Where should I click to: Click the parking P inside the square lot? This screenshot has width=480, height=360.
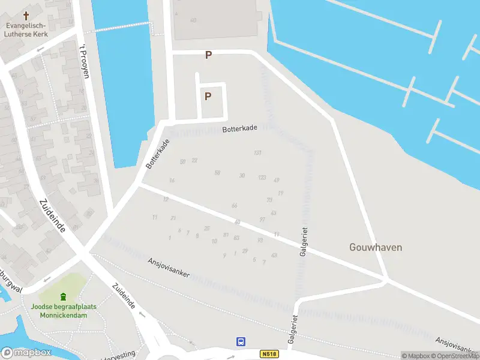click(x=208, y=97)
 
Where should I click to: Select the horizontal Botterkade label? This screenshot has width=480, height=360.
click(x=239, y=128)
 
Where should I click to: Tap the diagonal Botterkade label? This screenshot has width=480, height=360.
click(x=158, y=154)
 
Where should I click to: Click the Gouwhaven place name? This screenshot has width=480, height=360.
click(x=376, y=247)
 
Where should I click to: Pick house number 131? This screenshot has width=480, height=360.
click(x=258, y=153)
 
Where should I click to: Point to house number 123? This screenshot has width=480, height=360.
click(x=262, y=178)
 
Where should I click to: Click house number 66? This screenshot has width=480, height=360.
click(x=235, y=206)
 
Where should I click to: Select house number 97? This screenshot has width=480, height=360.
click(x=262, y=220)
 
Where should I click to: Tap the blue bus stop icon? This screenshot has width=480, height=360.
click(x=241, y=342)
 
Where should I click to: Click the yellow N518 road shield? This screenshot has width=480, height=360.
click(x=270, y=354)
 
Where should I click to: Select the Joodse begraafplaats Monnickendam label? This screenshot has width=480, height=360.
click(x=64, y=311)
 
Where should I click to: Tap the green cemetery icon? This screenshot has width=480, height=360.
click(x=64, y=296)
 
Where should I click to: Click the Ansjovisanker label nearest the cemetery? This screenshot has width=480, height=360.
click(x=169, y=268)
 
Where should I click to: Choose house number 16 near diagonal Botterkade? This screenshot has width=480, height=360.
click(x=172, y=181)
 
